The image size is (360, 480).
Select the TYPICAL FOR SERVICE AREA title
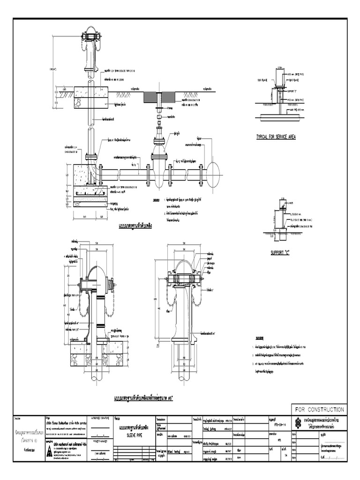pyautogui.click(x=276, y=137)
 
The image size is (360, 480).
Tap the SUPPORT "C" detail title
pyautogui.click(x=280, y=253)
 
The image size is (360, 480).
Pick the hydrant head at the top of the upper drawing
pyautogui.click(x=91, y=37)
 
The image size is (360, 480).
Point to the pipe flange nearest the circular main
pyautogui.click(x=201, y=171)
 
